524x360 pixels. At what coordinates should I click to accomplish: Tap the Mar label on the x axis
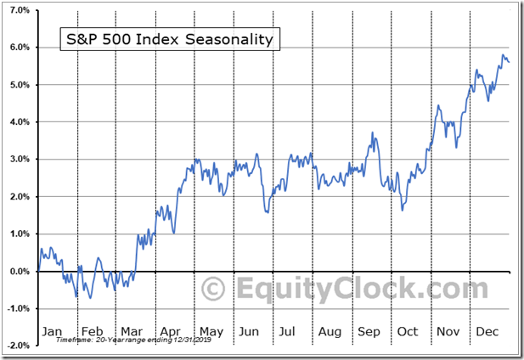point(132,331)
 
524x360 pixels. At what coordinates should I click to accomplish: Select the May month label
point(210,331)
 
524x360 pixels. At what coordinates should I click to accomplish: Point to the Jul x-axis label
point(289,331)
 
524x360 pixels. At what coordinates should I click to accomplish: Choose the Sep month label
point(368,331)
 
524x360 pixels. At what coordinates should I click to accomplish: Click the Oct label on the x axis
point(408,331)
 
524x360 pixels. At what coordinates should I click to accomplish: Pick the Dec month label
point(487,331)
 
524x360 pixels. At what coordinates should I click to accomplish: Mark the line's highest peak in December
point(502,55)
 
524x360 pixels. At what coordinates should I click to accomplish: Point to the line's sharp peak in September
point(372,132)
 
